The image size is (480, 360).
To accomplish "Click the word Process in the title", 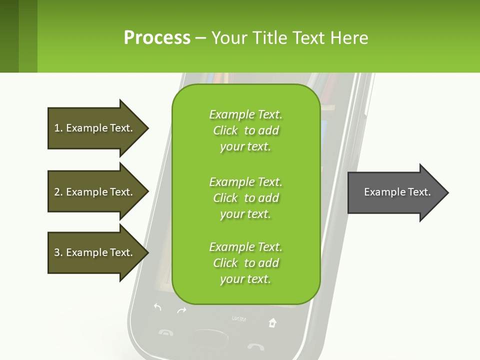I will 157,38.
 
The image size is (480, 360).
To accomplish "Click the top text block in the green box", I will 245,130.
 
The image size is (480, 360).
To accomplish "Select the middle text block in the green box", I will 245,198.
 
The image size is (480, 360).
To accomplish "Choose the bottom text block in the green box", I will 245,263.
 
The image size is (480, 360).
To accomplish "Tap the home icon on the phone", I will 272,322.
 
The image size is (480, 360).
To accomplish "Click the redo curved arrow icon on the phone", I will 181,310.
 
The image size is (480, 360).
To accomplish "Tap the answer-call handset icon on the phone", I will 164,332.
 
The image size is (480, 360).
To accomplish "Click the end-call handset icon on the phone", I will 255,346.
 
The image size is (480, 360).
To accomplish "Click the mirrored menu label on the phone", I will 238,318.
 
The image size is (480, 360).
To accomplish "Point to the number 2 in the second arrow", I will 57,192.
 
